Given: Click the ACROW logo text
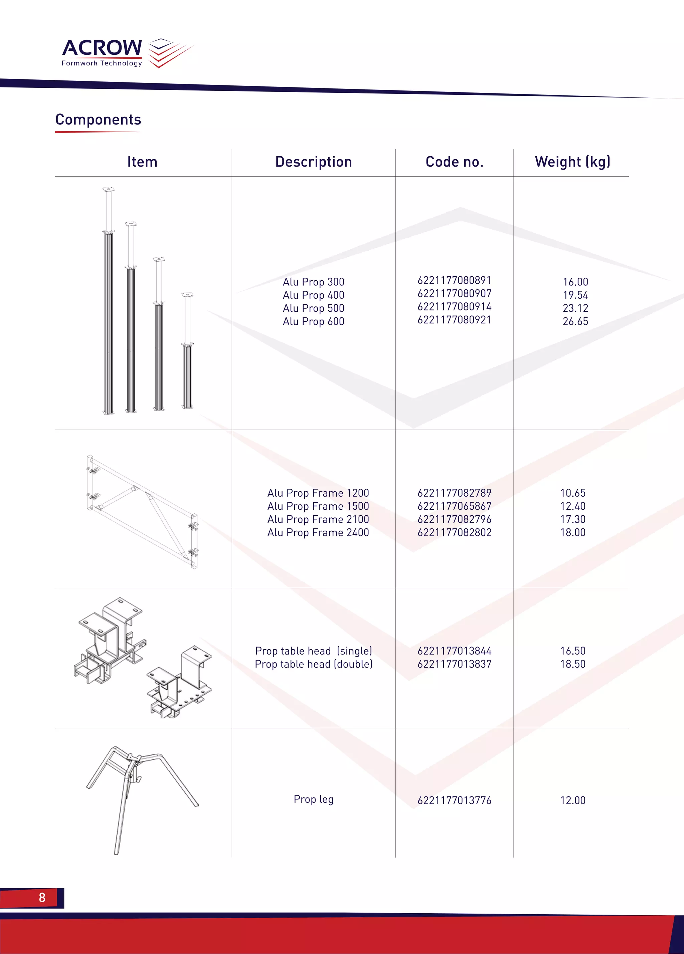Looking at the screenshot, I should (102, 48).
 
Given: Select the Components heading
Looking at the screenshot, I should (98, 120).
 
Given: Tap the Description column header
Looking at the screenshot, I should (314, 162).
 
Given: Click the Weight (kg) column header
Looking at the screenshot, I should (572, 162).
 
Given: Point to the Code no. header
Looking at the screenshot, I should (454, 162).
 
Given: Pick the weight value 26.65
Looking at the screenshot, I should (575, 321).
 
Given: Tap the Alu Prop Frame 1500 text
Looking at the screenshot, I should (318, 506).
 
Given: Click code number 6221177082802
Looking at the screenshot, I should (454, 532).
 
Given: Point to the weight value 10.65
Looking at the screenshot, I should (572, 493).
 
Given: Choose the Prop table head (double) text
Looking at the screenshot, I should (314, 664).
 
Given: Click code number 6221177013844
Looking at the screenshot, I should (454, 651).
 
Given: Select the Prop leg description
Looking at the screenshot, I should (314, 799).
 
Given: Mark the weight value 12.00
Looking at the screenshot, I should (572, 800).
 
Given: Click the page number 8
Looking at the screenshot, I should (42, 897).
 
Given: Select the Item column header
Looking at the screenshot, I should (142, 162).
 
